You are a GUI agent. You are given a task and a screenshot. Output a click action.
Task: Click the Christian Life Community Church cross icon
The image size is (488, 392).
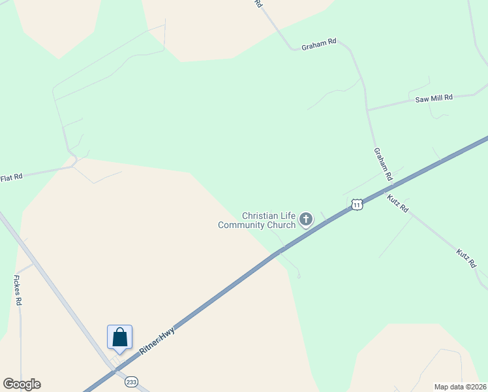click(x=306, y=220)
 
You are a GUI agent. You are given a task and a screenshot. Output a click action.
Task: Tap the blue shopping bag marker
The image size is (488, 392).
click(x=120, y=338)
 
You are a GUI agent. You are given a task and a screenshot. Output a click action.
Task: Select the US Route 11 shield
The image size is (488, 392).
click(x=356, y=204)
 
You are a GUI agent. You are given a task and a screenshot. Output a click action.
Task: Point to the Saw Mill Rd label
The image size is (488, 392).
click(x=434, y=99)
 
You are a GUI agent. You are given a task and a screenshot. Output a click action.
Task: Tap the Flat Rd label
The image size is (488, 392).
click(x=11, y=177)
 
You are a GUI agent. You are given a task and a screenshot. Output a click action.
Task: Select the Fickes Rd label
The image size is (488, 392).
click(x=18, y=290)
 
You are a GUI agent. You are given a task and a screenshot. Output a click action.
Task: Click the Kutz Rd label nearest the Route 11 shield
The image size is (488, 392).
click(x=397, y=203)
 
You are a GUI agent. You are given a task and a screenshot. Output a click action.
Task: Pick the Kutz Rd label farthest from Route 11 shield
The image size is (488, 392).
click(x=466, y=257)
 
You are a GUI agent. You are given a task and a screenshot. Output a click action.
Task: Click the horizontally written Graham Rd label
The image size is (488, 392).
click(x=318, y=44)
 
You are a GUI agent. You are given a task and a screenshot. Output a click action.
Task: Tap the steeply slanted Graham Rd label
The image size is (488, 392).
click(x=383, y=163)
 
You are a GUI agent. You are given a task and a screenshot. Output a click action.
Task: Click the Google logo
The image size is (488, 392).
click(x=22, y=384)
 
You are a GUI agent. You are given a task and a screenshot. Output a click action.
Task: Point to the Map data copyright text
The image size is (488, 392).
click(x=461, y=387)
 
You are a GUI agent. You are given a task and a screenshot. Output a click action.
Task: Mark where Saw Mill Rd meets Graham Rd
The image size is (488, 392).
click(x=368, y=110)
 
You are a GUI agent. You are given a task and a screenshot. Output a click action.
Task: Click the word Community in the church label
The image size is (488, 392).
click(x=241, y=225)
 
